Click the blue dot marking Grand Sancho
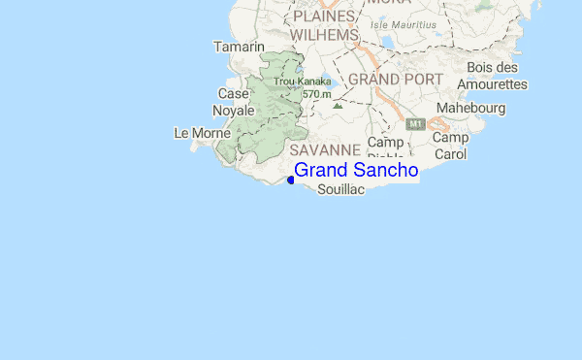click(291, 180)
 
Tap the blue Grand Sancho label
click(356, 170)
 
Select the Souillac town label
click(340, 190)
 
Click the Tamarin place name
click(239, 47)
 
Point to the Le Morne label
click(202, 132)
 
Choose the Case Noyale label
click(234, 102)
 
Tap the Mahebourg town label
click(470, 108)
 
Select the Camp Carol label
click(450, 146)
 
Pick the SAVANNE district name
click(325, 150)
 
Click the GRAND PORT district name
click(396, 79)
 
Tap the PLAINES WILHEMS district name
click(325, 26)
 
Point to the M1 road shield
click(415, 124)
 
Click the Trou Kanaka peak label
click(302, 82)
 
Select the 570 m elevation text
click(317, 94)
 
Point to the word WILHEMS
click(325, 35)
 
